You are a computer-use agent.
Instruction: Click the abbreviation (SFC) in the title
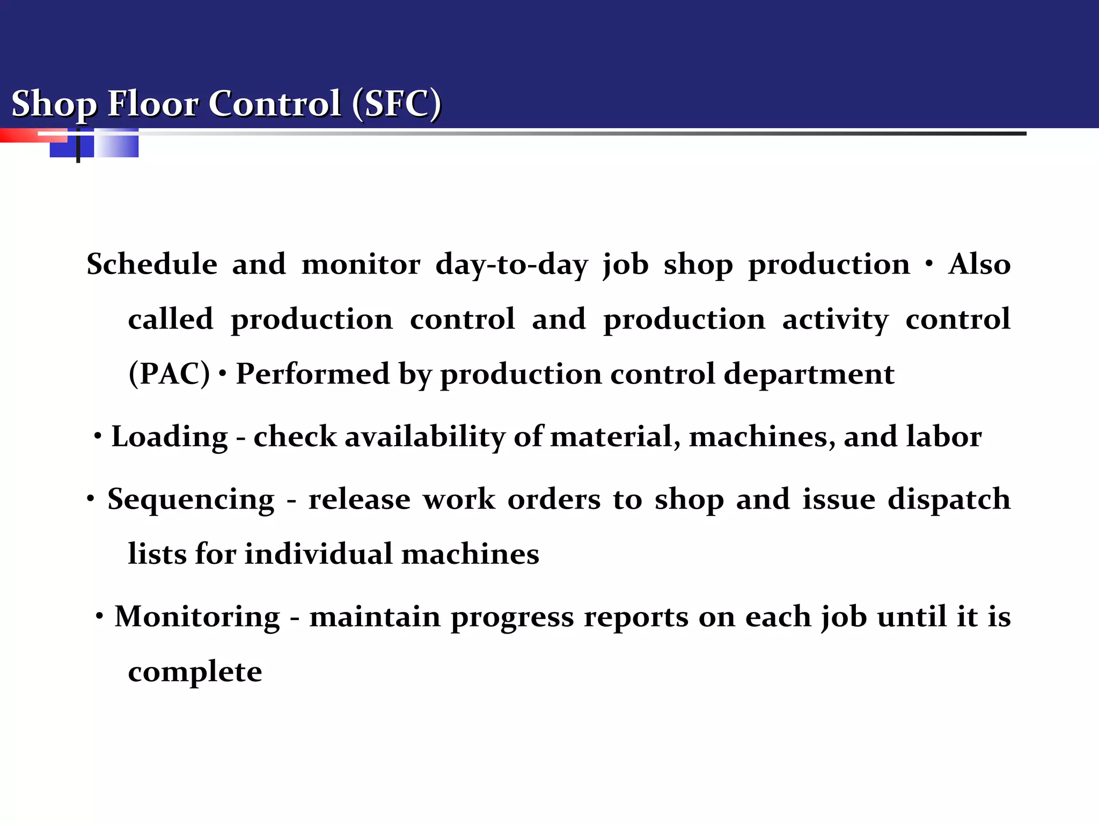[x=397, y=103]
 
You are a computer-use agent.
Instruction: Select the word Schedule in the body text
[x=152, y=264]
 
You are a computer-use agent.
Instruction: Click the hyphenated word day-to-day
[x=511, y=265]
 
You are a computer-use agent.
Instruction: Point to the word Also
[x=979, y=264]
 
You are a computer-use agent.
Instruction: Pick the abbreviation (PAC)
[x=169, y=374]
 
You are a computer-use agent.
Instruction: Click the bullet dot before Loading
[x=97, y=437]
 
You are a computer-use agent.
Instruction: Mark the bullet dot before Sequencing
[x=91, y=499]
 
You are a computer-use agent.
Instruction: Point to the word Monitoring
[x=197, y=617]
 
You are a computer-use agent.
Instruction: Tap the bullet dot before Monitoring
[x=99, y=617]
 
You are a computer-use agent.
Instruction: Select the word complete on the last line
[x=195, y=672]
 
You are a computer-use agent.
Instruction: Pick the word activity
[x=835, y=320]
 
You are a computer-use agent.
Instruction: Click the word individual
[x=318, y=554]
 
